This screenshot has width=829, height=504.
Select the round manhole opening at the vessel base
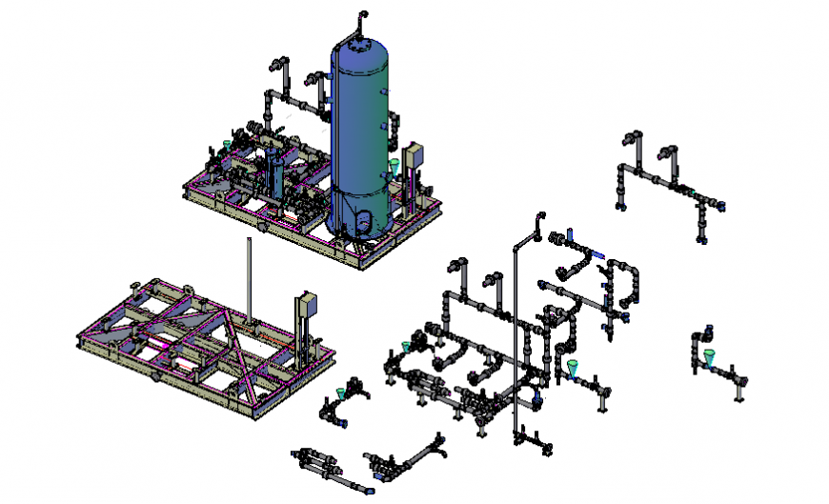[363, 216]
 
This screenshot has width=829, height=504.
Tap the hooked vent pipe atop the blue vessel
[360, 18]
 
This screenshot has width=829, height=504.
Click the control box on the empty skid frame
[307, 305]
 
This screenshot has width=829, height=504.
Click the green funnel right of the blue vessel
[394, 167]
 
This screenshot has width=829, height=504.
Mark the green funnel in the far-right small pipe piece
[710, 357]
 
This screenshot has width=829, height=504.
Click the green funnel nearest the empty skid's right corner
[342, 393]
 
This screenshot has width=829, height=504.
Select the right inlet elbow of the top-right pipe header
[670, 151]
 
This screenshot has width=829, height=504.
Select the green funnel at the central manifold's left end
[407, 346]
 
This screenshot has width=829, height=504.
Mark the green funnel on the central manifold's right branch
[572, 368]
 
